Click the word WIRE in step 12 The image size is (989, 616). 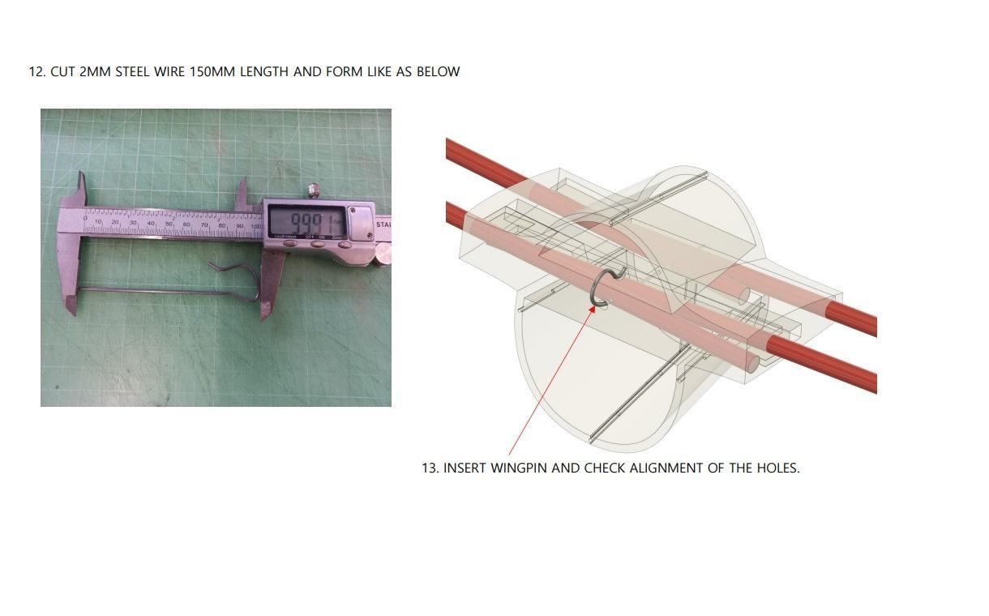pyautogui.click(x=169, y=71)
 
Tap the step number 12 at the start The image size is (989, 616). pyautogui.click(x=36, y=71)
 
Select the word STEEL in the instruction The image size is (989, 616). pyautogui.click(x=132, y=71)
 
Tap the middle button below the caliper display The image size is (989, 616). pyautogui.click(x=318, y=242)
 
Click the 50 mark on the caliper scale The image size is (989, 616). pyautogui.click(x=169, y=223)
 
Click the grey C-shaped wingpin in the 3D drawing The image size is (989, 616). pyautogui.click(x=601, y=288)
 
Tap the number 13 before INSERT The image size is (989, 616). pyautogui.click(x=430, y=468)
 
